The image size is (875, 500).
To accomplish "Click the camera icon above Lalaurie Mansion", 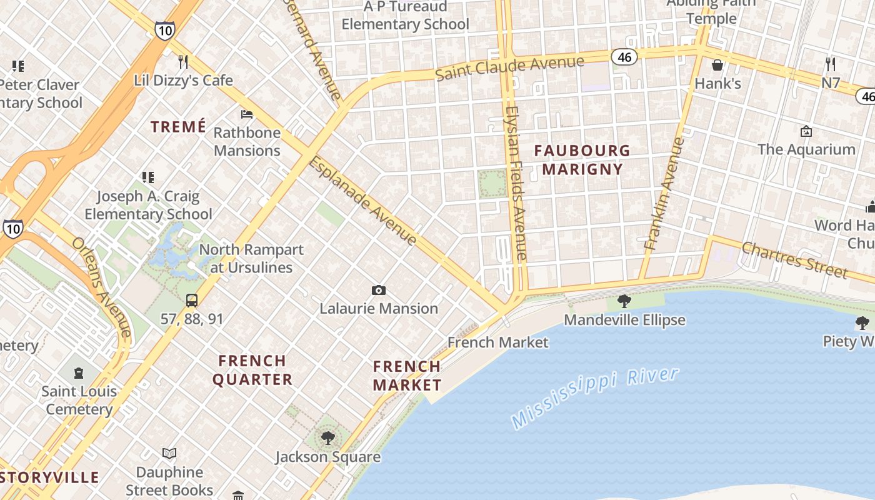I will (378, 290).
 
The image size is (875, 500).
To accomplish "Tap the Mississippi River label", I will (594, 398).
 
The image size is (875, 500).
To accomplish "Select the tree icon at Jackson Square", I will (327, 437).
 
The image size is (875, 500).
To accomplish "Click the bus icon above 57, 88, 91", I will (192, 301).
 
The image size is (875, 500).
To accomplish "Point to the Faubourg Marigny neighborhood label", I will (582, 159).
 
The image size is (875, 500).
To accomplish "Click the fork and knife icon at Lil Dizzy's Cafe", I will (183, 61).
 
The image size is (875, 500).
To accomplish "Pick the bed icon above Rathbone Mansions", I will (247, 114).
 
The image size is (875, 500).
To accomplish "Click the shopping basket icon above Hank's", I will (717, 65).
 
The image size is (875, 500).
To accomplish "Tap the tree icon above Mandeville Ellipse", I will (624, 301).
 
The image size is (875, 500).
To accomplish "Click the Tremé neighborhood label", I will (178, 127).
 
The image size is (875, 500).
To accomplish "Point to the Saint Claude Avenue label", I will (509, 67).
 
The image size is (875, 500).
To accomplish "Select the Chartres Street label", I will (794, 259).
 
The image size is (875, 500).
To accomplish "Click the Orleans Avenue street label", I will (101, 286).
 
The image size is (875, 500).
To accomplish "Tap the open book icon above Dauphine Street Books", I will (169, 453).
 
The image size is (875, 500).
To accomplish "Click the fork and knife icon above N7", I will (831, 64).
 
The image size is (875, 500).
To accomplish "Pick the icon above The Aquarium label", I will (806, 131).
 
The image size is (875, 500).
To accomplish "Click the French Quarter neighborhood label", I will (252, 370).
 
